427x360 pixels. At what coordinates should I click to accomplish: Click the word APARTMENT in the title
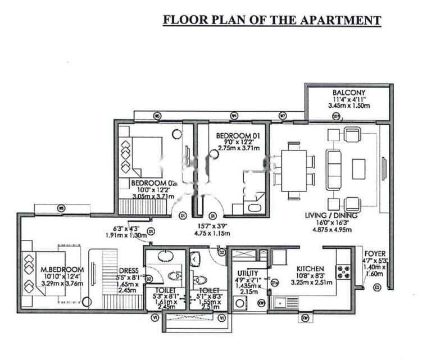[x=342, y=20]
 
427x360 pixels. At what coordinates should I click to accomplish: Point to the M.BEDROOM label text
[x=62, y=270]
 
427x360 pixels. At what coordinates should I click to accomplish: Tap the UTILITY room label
[x=248, y=273]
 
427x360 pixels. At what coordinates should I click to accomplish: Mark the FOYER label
[x=374, y=254]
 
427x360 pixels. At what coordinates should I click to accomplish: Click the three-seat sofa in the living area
[x=334, y=167]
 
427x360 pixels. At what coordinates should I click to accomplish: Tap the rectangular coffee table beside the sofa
[x=359, y=168]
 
